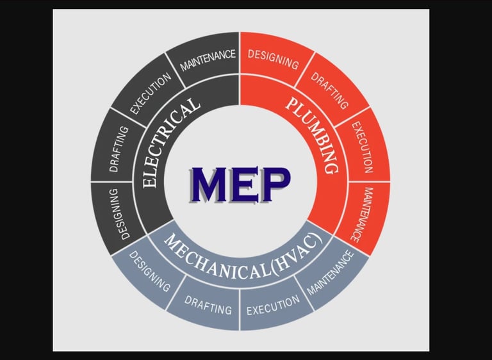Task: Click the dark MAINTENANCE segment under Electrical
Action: (x=208, y=61)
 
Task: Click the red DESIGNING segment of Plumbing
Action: (x=273, y=59)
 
